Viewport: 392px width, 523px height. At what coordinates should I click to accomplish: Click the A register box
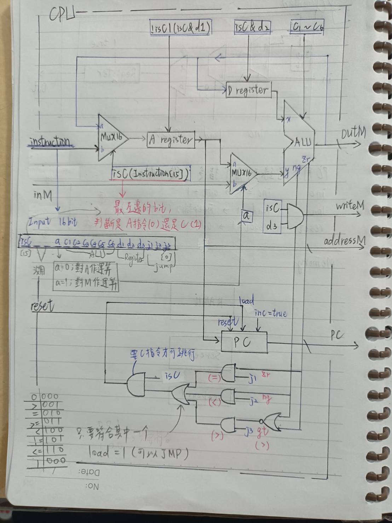coord(171,140)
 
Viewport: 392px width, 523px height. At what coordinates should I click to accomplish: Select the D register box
coord(248,90)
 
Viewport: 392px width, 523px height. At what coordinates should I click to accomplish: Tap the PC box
coord(244,342)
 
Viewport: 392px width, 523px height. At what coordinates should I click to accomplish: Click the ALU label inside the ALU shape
coord(303,142)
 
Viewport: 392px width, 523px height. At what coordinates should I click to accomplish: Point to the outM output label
coord(353,133)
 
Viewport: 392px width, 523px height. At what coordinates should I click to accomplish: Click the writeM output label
coord(350,206)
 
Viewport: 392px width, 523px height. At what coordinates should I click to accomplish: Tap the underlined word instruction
coord(51,142)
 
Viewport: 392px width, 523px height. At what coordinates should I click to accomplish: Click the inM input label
coord(43,195)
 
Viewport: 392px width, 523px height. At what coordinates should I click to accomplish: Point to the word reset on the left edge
coord(42,305)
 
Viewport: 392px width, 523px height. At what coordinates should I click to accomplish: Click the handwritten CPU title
coord(62,15)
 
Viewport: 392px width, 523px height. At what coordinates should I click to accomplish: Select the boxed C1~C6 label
coord(307,27)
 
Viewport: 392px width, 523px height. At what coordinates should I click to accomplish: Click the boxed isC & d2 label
coord(252,27)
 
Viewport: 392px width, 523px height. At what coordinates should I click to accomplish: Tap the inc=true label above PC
coord(271,313)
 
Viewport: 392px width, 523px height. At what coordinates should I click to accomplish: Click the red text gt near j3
coord(263,431)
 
